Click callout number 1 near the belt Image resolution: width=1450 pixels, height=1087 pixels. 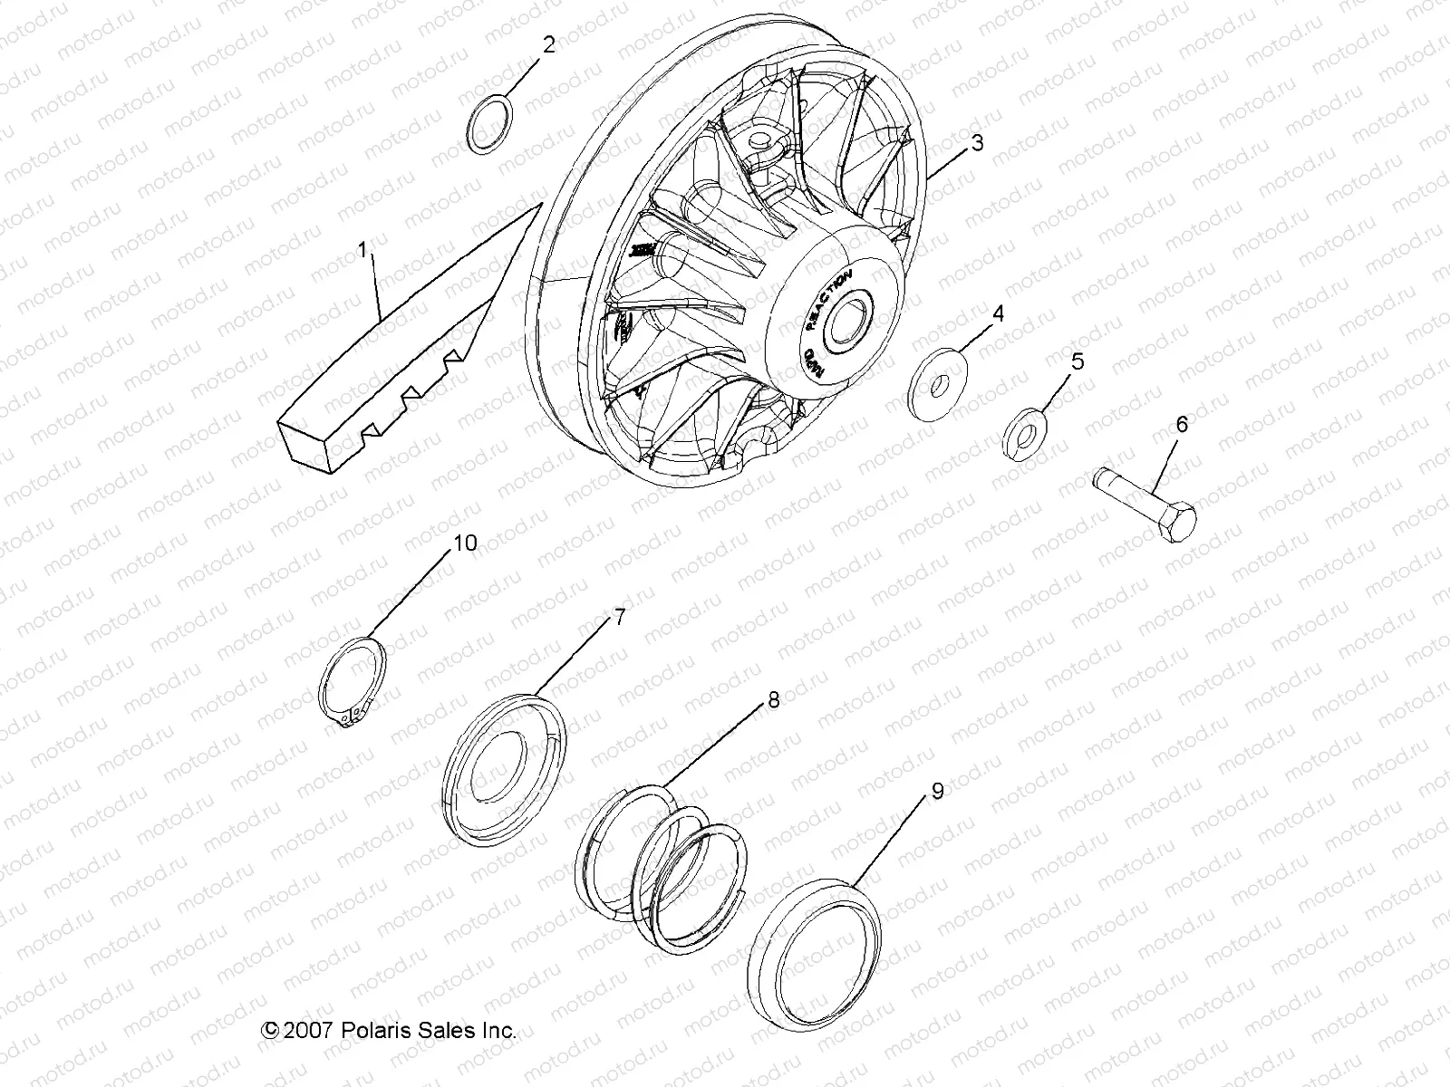[x=364, y=250]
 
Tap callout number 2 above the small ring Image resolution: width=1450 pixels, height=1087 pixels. [x=548, y=45]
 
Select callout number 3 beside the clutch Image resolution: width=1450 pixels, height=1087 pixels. [x=977, y=142]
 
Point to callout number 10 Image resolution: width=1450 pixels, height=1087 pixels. [x=464, y=543]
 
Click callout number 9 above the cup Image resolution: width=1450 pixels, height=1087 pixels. [x=937, y=791]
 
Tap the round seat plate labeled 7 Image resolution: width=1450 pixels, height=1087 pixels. [x=506, y=771]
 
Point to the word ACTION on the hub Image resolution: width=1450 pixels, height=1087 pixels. [x=834, y=288]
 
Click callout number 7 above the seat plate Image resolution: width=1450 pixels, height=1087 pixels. [x=620, y=618]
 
